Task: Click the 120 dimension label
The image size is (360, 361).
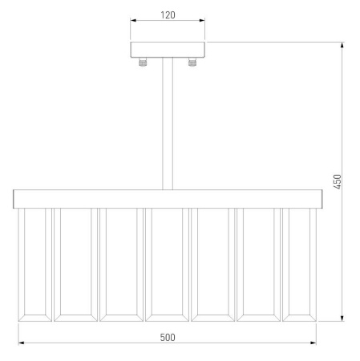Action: [x=168, y=15]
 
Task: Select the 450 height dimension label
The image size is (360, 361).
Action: [x=338, y=181]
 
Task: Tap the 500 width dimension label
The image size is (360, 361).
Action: [x=168, y=338]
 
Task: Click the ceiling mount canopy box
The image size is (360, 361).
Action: [x=168, y=50]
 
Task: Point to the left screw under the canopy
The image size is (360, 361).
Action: [x=143, y=63]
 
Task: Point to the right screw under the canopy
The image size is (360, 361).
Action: [x=192, y=63]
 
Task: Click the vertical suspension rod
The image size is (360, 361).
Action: [x=168, y=124]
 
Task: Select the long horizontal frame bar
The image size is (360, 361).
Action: [x=168, y=199]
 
